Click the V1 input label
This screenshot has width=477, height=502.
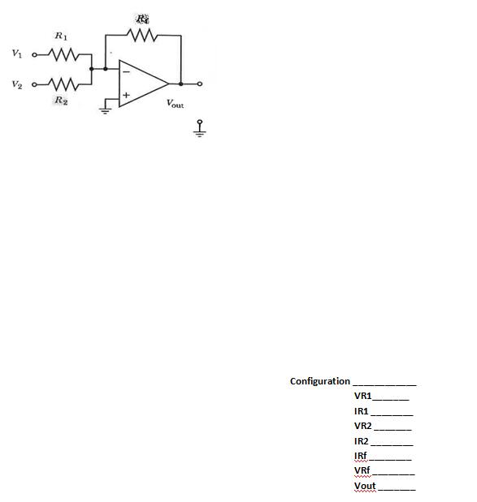[17, 54]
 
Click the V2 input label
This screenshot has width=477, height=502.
[17, 84]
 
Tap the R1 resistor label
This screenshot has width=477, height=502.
[61, 36]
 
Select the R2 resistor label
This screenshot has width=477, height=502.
[60, 100]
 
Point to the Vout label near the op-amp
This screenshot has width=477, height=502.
[174, 103]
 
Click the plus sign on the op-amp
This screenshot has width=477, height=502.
[125, 96]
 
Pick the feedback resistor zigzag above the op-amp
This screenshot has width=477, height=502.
[144, 36]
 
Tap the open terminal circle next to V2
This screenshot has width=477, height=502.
[34, 84]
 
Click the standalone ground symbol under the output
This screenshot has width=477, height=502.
[199, 130]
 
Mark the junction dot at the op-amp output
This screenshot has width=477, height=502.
[181, 84]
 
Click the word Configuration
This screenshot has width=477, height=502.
[319, 381]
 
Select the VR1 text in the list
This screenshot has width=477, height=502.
[362, 396]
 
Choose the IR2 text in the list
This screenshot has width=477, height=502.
[362, 441]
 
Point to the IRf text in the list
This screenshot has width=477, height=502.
[361, 456]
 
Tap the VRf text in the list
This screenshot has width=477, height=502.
[362, 471]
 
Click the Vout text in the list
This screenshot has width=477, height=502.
[365, 486]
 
